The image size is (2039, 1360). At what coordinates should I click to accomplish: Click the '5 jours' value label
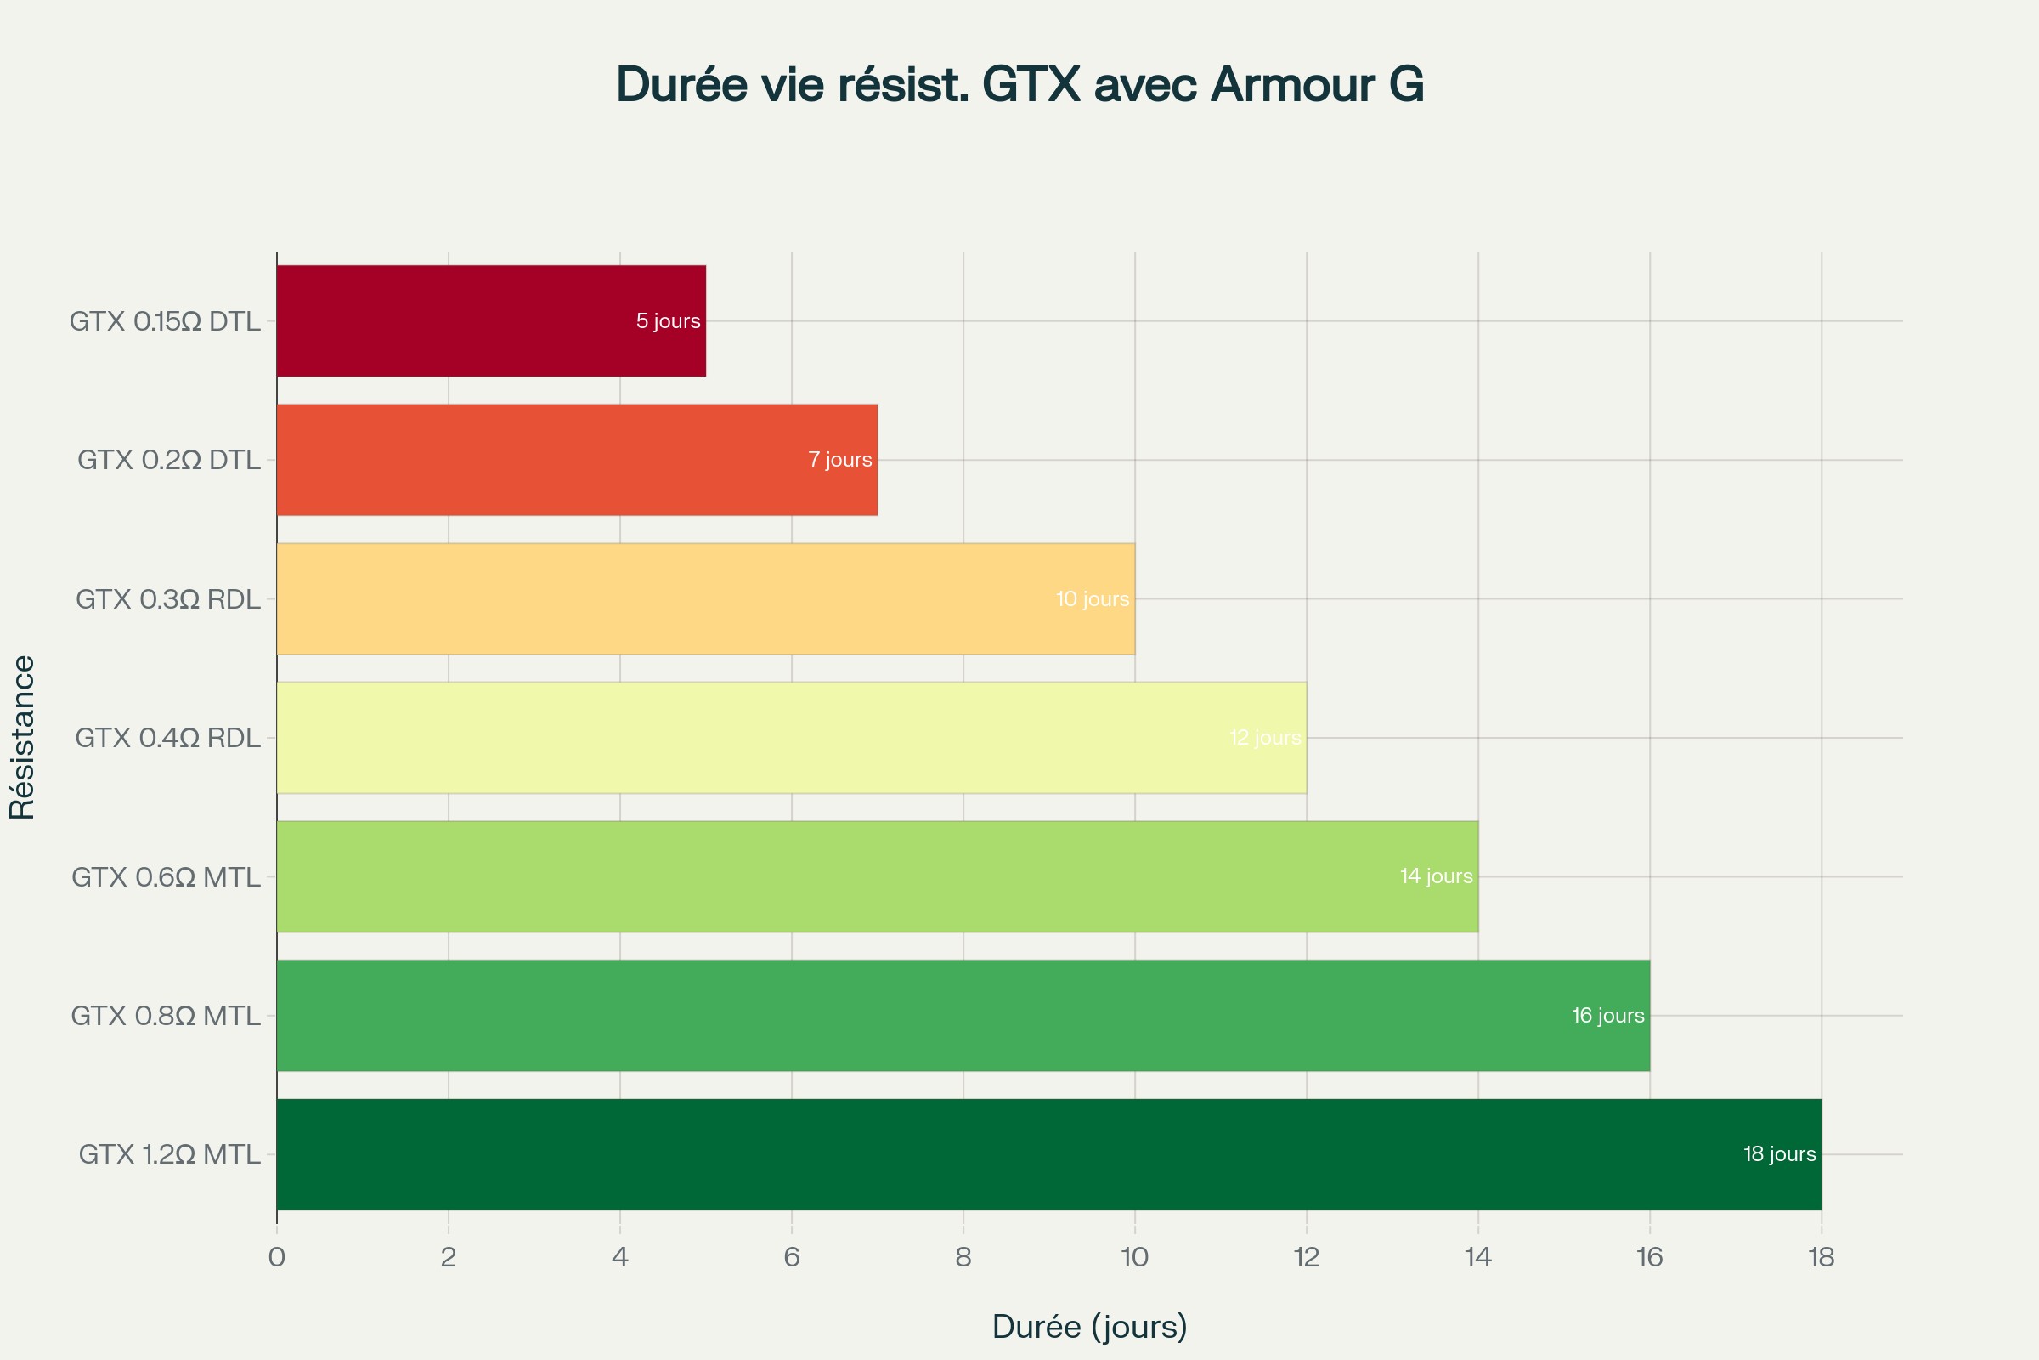pos(668,321)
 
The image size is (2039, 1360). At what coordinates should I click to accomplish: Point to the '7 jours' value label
pos(839,460)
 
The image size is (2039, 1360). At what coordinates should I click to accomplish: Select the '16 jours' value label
pos(1607,1015)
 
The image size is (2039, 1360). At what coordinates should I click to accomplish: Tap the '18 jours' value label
pos(1779,1153)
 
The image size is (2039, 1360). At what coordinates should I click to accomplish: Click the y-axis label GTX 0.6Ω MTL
pos(166,877)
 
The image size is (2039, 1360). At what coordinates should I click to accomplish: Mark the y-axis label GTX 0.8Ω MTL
pos(166,1016)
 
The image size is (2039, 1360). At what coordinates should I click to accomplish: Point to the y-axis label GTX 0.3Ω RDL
pos(167,599)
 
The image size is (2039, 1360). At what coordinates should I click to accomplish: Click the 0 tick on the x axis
pos(277,1257)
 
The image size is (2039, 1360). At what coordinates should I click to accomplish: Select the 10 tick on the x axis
pos(1134,1257)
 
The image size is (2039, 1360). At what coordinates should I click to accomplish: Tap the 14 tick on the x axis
pos(1477,1257)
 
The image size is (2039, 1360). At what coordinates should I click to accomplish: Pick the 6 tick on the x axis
pos(792,1257)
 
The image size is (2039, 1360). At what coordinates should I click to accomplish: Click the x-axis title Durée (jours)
pos(1089,1326)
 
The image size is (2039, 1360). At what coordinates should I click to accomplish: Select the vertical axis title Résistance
pos(22,737)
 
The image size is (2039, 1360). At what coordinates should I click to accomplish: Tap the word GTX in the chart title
pos(1031,85)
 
